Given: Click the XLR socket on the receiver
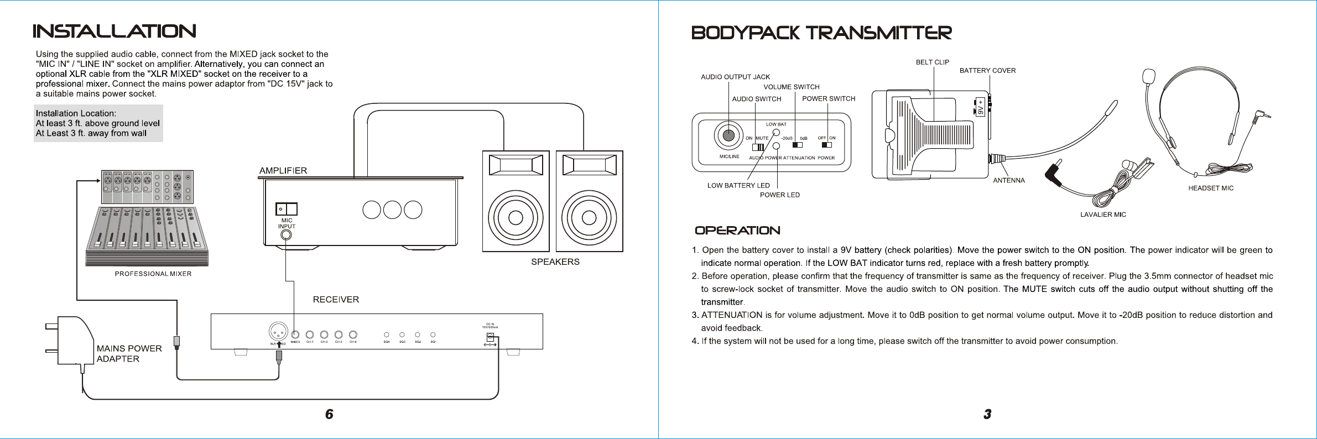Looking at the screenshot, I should click(278, 332).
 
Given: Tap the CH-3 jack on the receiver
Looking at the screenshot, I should click(339, 335).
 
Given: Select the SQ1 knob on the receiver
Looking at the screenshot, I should click(433, 335).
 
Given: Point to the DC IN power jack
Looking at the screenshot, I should click(490, 337).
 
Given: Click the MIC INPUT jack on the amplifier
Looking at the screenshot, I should click(286, 235).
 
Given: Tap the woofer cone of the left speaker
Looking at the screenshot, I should click(516, 217).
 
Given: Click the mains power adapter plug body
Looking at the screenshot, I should click(75, 340).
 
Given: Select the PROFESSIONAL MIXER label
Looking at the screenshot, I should click(153, 274).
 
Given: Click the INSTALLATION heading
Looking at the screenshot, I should click(114, 32).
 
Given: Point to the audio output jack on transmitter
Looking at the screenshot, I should click(728, 135).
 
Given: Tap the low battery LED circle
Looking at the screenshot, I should click(776, 133).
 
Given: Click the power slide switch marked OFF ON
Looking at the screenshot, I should click(826, 145).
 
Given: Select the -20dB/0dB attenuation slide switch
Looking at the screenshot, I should click(798, 145).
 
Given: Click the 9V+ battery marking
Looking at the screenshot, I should click(980, 107).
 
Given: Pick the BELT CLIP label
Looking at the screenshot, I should click(932, 62).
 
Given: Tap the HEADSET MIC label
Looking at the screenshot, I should click(1211, 188).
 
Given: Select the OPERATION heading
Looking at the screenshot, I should click(737, 231).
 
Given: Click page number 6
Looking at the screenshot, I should click(329, 414).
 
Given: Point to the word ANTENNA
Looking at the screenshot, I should click(1009, 180).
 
